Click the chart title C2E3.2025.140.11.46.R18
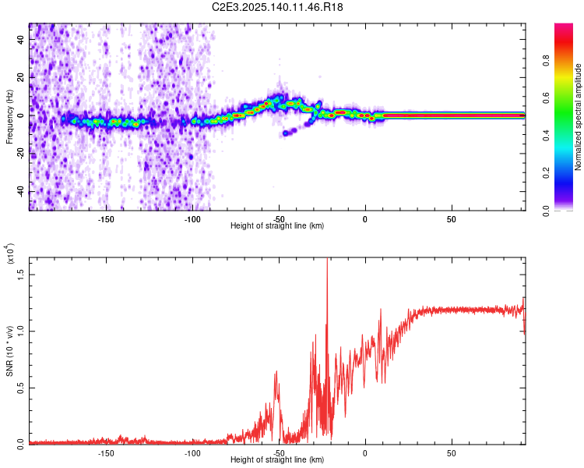point(278,7)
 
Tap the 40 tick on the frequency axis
point(22,39)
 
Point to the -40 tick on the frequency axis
point(22,192)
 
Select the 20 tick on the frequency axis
point(22,77)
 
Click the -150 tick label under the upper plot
point(106,218)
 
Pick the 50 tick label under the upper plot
point(452,218)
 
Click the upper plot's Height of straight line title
point(277,226)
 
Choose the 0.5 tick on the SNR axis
point(22,387)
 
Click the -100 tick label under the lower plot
point(192,452)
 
